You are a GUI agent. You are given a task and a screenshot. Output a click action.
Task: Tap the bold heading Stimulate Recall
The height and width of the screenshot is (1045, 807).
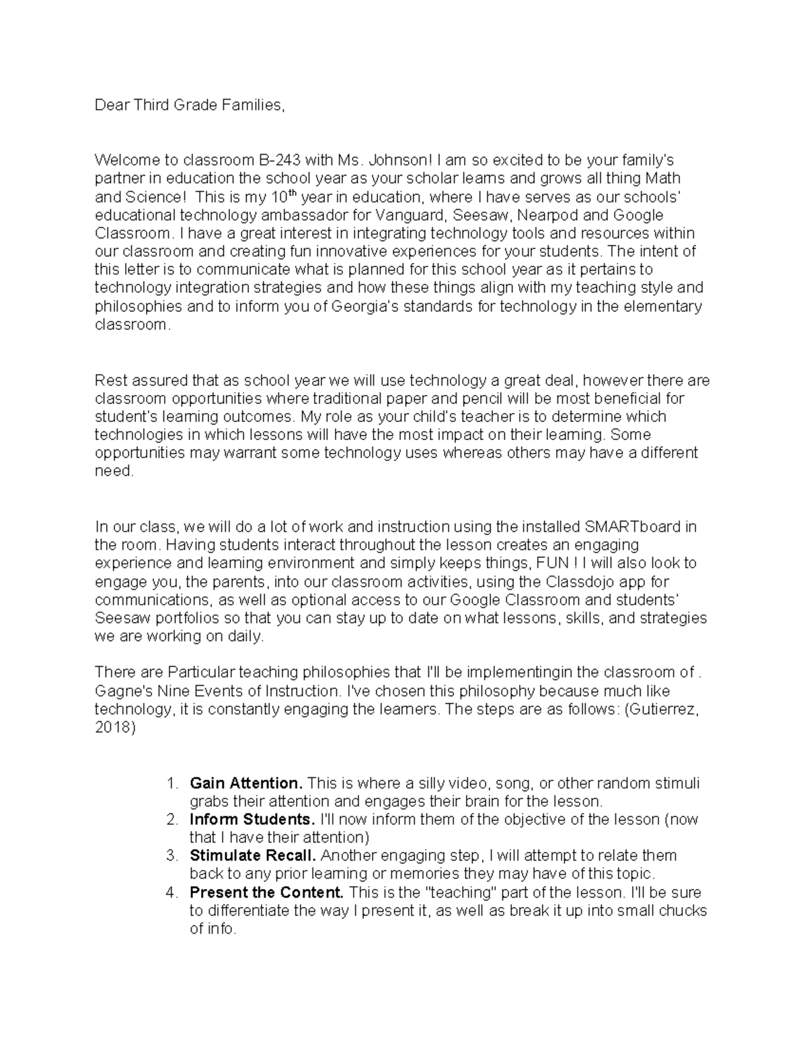click(253, 856)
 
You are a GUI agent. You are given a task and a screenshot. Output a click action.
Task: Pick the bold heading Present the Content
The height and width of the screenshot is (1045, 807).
click(266, 893)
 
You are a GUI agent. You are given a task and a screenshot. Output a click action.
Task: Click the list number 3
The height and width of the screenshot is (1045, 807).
click(172, 856)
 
